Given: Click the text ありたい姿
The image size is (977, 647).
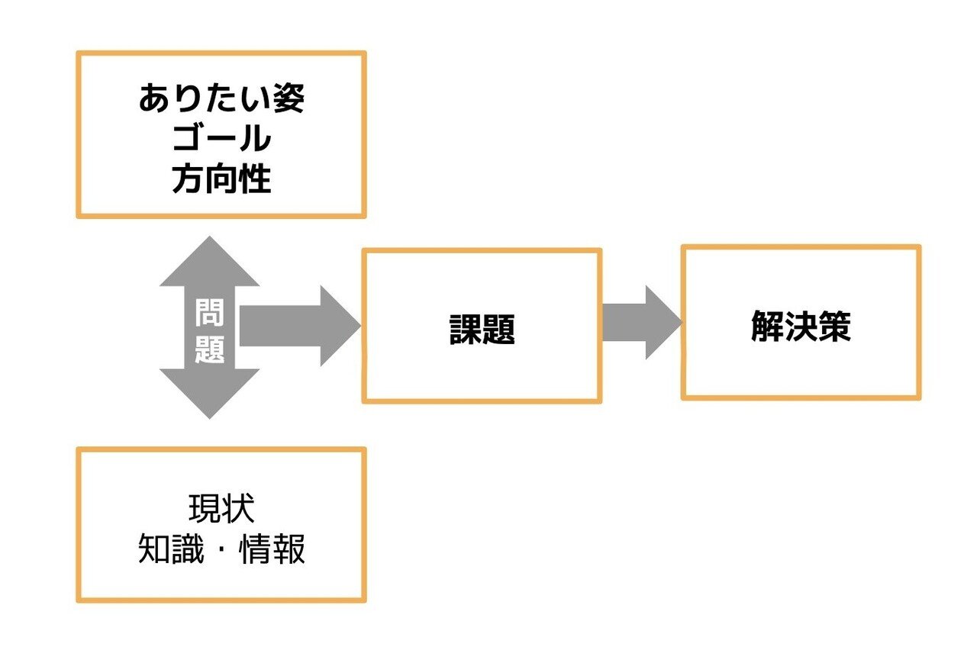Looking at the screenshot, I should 221,98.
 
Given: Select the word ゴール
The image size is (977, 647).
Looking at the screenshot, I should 221,140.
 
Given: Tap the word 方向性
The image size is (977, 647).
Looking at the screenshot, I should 221,180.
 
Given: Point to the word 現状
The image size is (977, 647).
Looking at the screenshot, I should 221,509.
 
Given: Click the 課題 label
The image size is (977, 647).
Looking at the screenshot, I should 482,329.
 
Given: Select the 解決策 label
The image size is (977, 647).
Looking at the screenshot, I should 801,326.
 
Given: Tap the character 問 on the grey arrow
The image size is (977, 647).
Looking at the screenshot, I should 209,312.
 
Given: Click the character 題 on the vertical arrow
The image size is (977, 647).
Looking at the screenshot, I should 209,349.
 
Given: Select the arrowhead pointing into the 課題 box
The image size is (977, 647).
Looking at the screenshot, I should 339,327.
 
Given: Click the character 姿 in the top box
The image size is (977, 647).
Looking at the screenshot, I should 289,98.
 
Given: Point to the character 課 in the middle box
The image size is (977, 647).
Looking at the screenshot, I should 465,329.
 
